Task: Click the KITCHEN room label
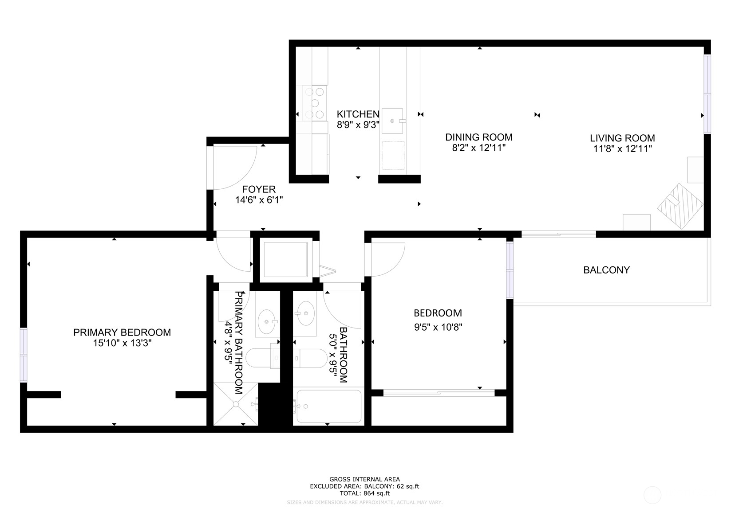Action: tap(358, 114)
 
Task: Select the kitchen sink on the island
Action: tap(393, 121)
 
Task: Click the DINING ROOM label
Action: tap(478, 137)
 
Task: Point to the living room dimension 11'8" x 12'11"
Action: tap(622, 149)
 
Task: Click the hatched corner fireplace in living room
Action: tap(680, 206)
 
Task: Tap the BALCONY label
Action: tap(606, 270)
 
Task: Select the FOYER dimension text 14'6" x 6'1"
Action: tap(259, 200)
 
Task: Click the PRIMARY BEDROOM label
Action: tap(122, 332)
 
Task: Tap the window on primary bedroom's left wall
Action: tap(24, 355)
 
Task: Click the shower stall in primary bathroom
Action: tap(235, 404)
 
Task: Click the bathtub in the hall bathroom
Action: tap(328, 406)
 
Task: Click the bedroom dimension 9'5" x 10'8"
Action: tap(438, 328)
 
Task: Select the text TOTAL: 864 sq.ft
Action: tap(364, 493)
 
